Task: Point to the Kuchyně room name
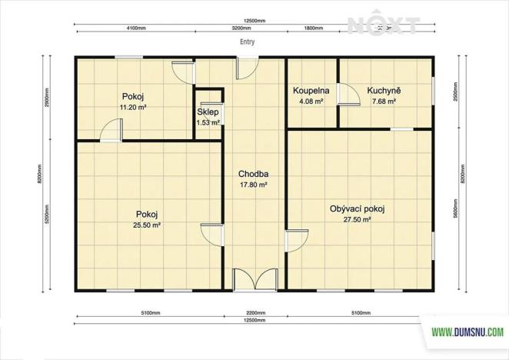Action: coord(383,90)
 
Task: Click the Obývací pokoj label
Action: coord(356,208)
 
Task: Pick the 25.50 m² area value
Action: coord(147,225)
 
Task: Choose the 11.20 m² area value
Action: coord(133,108)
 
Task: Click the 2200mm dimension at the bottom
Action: coord(255,314)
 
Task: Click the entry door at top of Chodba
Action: coord(246,68)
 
